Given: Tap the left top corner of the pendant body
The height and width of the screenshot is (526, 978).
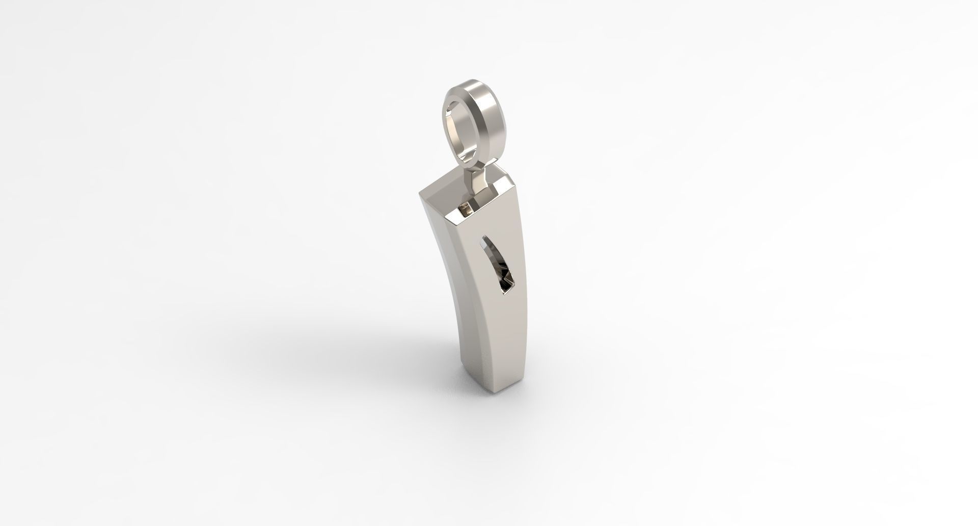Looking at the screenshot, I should click(x=421, y=195).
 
